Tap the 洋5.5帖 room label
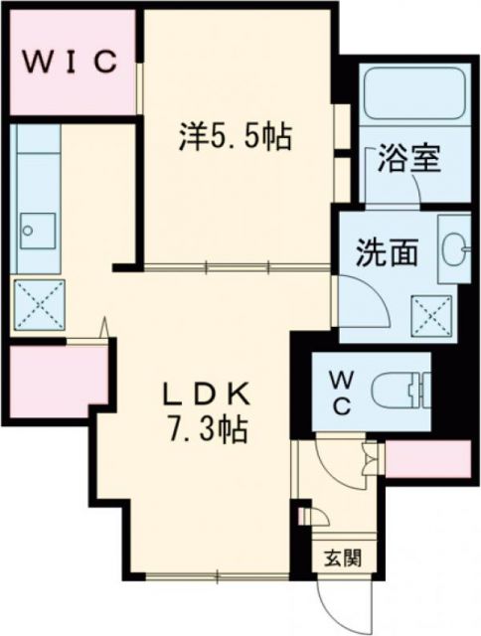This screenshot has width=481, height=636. [x=235, y=138]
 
